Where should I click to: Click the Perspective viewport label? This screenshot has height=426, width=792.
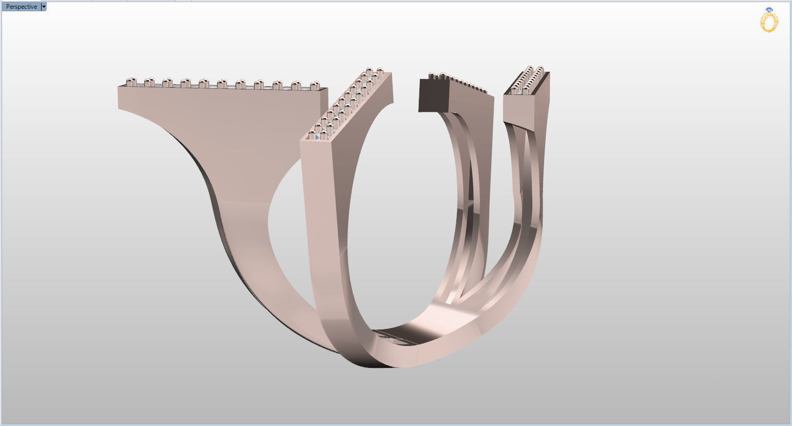(x=21, y=7)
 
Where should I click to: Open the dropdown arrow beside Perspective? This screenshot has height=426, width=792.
(x=44, y=7)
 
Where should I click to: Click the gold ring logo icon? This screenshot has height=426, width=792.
(x=769, y=22)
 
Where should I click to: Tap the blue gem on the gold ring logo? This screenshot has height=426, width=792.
(x=768, y=10)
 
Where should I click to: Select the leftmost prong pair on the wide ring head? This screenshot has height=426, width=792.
(x=131, y=82)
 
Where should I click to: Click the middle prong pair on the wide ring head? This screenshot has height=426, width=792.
(x=222, y=84)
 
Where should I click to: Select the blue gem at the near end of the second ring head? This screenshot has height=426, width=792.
(x=318, y=137)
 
